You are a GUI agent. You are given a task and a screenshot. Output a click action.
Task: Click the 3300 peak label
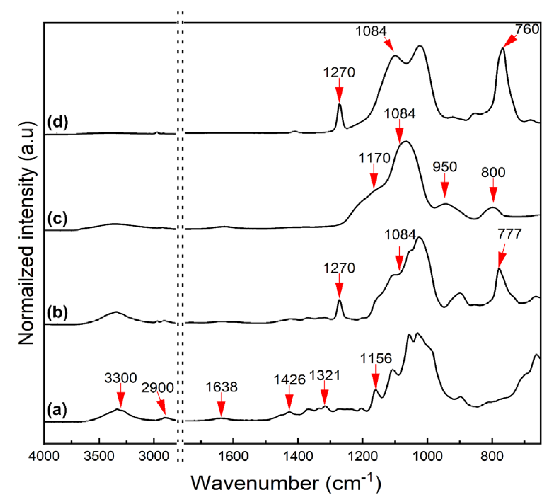(x=120, y=378)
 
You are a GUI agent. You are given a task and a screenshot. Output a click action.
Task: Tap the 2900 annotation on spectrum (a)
(x=157, y=388)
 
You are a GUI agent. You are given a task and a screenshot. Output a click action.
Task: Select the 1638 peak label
(x=221, y=387)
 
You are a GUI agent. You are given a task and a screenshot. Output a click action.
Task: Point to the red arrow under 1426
(x=289, y=402)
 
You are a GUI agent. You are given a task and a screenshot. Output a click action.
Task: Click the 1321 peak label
(x=325, y=375)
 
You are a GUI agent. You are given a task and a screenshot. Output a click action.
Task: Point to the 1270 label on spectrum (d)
(x=339, y=73)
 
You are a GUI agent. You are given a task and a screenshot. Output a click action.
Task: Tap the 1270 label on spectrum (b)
(x=339, y=268)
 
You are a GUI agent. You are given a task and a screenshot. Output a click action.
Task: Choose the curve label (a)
(x=57, y=410)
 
